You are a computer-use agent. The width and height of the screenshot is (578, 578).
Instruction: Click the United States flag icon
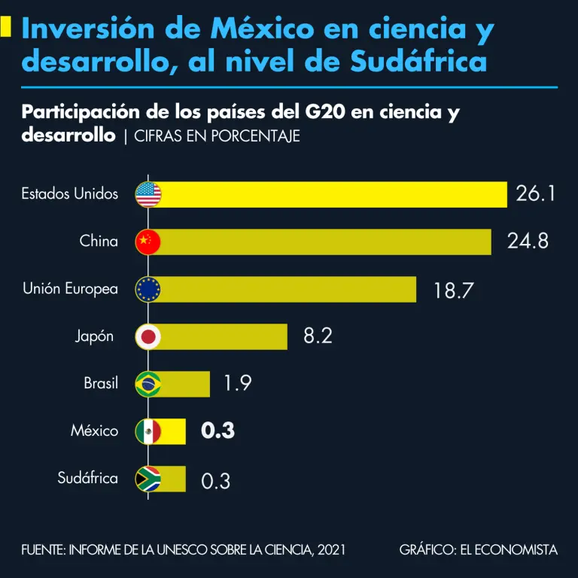[148, 194]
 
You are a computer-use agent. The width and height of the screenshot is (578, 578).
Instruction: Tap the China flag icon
[148, 242]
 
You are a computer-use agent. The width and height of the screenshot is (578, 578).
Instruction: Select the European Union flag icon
[148, 289]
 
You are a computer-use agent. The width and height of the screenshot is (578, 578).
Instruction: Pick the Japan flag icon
[148, 336]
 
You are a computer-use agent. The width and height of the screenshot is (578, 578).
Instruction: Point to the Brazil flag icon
[148, 384]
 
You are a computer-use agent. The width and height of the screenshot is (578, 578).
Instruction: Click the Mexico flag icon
[148, 431]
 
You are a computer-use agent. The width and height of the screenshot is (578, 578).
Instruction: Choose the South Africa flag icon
[148, 479]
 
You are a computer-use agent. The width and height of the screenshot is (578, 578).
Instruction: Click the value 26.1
[536, 194]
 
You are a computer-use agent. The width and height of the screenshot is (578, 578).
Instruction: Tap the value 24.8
[527, 242]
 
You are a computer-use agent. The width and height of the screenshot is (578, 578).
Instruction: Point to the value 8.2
[318, 336]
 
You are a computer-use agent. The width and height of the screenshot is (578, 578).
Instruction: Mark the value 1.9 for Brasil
[237, 384]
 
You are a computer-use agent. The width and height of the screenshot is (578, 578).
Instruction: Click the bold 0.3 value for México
[218, 431]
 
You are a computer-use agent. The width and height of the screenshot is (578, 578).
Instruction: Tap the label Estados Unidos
[70, 194]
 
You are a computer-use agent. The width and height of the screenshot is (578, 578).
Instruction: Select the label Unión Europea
[70, 289]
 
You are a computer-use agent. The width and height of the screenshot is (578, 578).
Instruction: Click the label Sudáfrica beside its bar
[88, 479]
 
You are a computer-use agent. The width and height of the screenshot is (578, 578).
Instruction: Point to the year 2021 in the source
[332, 550]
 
